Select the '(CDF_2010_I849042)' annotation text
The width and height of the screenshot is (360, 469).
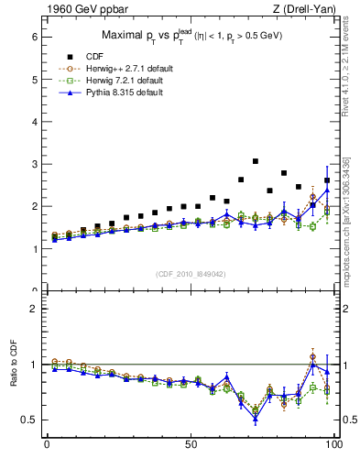[x=190, y=274]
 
